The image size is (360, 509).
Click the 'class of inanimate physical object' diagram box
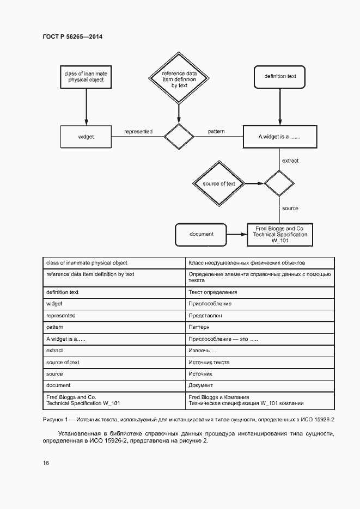pyautogui.click(x=86, y=77)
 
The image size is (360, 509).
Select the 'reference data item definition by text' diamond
pyautogui.click(x=179, y=78)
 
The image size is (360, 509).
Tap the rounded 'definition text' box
pyautogui.click(x=280, y=77)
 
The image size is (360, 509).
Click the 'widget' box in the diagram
pyautogui.click(x=86, y=137)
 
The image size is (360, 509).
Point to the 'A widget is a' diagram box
pyautogui.click(x=279, y=137)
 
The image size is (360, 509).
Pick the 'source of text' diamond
pyautogui.click(x=218, y=183)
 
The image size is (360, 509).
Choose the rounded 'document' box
pyautogui.click(x=201, y=234)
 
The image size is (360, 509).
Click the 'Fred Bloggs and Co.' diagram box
pyautogui.click(x=280, y=235)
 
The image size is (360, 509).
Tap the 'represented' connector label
pyautogui.click(x=138, y=132)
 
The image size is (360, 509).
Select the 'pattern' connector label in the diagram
pyautogui.click(x=216, y=132)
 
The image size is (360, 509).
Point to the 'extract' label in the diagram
pyautogui.click(x=290, y=161)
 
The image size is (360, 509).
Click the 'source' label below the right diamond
pyautogui.click(x=290, y=208)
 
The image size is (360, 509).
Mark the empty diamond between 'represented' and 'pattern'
pyautogui.click(x=179, y=137)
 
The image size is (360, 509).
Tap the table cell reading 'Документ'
pyautogui.click(x=201, y=385)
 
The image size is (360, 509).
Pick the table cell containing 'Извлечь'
pyautogui.click(x=202, y=351)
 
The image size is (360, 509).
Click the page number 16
pyautogui.click(x=46, y=463)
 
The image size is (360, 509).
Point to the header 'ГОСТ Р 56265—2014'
pyautogui.click(x=72, y=37)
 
